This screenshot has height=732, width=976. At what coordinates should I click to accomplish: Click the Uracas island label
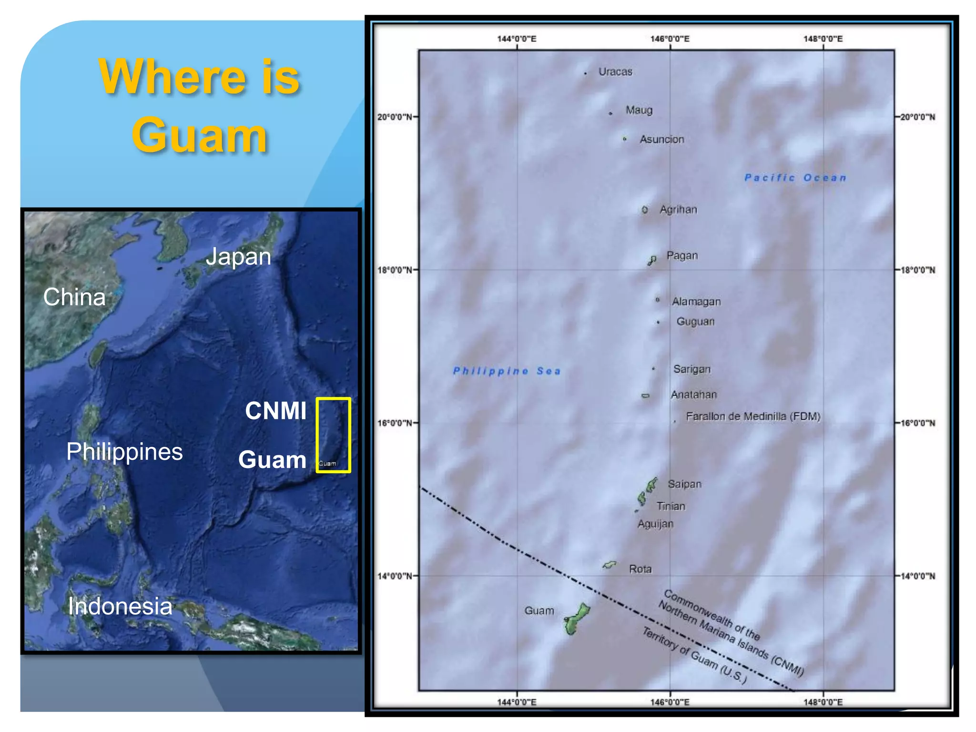[x=615, y=72]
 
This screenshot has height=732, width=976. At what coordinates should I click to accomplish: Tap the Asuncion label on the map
[x=661, y=140]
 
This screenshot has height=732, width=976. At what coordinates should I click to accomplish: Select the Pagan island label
[x=682, y=256]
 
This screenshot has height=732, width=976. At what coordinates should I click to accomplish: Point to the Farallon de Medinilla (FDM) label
[x=753, y=417]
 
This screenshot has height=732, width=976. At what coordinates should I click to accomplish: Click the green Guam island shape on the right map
[x=575, y=620]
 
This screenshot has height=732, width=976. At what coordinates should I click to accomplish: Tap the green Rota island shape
[x=609, y=565]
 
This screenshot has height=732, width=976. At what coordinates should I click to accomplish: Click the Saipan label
[x=684, y=484]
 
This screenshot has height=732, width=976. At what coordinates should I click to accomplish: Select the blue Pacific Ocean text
[x=795, y=178]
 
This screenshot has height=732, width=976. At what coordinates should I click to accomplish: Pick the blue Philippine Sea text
[x=506, y=371]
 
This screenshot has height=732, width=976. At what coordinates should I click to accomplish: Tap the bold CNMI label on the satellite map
[x=276, y=411]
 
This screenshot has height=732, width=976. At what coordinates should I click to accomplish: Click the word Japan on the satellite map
[x=238, y=257]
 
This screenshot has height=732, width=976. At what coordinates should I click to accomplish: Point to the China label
[x=74, y=297]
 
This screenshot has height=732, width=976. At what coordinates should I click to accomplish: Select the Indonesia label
[x=120, y=607]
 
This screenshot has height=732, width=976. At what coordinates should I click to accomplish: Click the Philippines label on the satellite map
[x=124, y=452]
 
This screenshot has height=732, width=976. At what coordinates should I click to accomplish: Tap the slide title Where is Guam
[x=199, y=106]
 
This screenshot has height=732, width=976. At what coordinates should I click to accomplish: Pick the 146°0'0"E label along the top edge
[x=670, y=39]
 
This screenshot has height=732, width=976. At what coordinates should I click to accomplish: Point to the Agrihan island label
[x=678, y=210]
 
